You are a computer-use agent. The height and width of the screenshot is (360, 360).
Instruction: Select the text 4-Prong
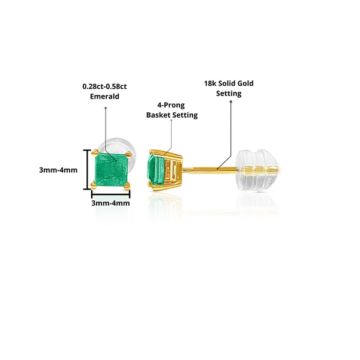(x=172, y=104)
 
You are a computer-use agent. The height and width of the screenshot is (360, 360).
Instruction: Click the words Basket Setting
(x=172, y=115)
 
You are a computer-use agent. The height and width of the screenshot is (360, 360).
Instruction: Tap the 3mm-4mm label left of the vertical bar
(x=58, y=170)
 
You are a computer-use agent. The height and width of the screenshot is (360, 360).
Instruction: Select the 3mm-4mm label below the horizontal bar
(x=110, y=203)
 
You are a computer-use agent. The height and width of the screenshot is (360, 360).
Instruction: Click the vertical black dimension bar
(x=86, y=169)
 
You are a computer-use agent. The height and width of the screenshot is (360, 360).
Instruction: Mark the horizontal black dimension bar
(x=110, y=193)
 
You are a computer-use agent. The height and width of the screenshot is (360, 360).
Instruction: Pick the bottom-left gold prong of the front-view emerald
(x=93, y=187)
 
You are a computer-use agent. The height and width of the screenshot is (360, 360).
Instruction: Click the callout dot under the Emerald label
(x=106, y=108)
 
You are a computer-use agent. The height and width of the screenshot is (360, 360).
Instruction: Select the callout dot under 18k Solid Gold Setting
(x=232, y=102)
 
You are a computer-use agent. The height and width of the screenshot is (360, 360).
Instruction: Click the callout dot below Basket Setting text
(x=171, y=121)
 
